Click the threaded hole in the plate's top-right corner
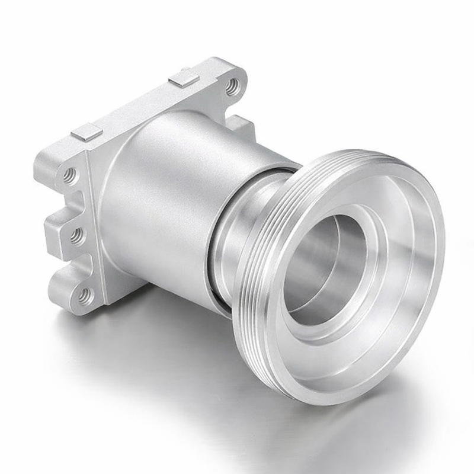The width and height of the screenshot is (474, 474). tap(233, 86)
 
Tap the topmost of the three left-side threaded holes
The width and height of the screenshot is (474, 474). tap(70, 175)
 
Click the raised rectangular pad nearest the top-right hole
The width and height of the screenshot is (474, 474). tap(182, 78)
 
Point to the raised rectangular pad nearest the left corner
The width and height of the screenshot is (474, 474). tap(87, 132)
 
